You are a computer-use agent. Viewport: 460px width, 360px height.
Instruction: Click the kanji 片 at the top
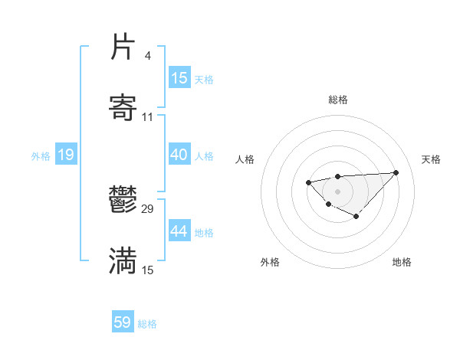click(x=123, y=47)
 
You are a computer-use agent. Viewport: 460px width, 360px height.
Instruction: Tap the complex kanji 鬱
click(x=123, y=201)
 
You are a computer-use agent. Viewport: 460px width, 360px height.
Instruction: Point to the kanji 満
click(x=123, y=261)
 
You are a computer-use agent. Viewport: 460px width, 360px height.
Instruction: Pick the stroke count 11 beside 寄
click(x=148, y=117)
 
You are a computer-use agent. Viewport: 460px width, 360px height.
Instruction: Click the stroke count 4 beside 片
click(x=147, y=56)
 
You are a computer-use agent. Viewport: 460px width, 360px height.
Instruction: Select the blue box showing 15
click(x=179, y=78)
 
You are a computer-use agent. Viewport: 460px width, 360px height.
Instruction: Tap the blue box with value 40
click(x=179, y=155)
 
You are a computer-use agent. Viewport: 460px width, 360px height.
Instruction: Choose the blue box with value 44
click(x=179, y=231)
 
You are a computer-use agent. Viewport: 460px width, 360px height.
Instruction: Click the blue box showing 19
click(x=66, y=155)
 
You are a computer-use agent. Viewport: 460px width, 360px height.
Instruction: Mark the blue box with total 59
click(x=123, y=322)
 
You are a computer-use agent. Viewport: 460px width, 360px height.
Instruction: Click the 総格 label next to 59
click(x=148, y=324)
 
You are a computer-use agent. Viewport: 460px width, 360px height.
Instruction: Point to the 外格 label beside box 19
click(x=41, y=156)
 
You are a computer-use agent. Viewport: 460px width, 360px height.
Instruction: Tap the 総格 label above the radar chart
click(x=337, y=100)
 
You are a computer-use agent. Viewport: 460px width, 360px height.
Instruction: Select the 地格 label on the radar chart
click(x=402, y=262)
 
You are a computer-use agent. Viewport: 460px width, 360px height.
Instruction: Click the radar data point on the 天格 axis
click(x=396, y=172)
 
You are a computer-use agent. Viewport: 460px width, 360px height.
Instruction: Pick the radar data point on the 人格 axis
click(x=308, y=182)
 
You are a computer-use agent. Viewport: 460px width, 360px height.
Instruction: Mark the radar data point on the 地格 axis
click(x=356, y=217)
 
